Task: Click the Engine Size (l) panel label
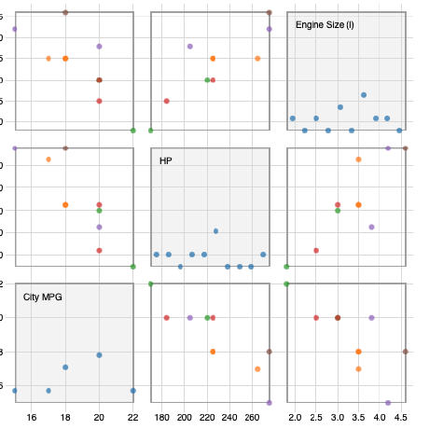coord(325,24)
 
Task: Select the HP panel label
coord(166,160)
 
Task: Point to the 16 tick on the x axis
coord(32,417)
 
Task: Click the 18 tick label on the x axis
coord(65,417)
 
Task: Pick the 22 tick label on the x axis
coord(132,417)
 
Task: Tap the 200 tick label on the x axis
coord(184,417)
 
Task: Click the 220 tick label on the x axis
coord(207,417)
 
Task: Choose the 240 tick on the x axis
coord(229,417)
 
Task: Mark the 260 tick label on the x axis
coord(252,417)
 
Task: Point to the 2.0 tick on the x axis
coord(295,417)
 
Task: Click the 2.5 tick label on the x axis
coord(316,417)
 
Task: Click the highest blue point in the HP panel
coord(215,230)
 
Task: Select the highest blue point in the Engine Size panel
coord(364,95)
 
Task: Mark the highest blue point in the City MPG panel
coord(99,354)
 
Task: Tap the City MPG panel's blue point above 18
coord(65,367)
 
